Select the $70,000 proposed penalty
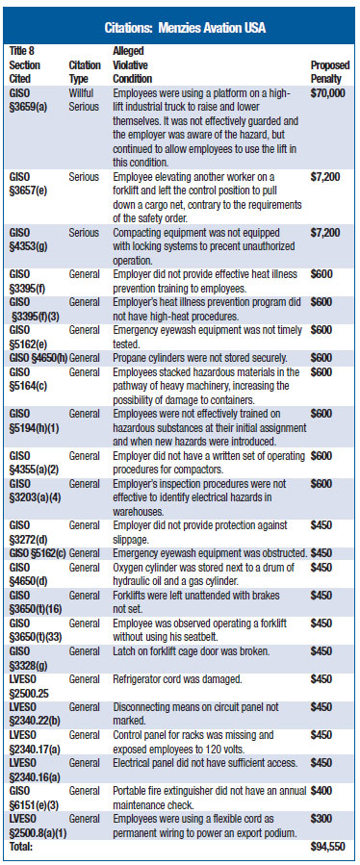(330, 92)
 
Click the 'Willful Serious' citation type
(85, 99)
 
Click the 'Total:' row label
(21, 848)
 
